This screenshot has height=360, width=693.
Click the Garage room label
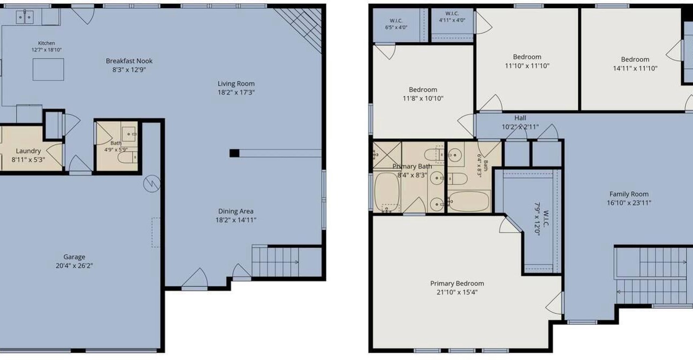coord(74,257)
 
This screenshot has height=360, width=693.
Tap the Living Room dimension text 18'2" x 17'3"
coord(236,92)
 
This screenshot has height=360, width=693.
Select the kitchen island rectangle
coord(48,69)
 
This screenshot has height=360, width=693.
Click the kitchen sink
coord(25,17)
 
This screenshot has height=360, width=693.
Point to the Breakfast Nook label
coord(129,61)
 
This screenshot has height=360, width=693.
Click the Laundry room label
coord(28,151)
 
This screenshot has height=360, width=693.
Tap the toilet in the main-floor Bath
coord(127,158)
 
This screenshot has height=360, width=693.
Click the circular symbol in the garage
coord(152,184)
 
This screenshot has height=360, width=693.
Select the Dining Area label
coord(236,211)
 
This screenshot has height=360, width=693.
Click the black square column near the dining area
coord(234,153)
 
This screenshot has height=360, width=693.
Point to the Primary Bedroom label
coord(457,283)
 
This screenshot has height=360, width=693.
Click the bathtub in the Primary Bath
coord(387,192)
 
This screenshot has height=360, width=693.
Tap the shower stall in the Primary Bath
coord(387,155)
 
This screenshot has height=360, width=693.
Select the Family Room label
coord(629,194)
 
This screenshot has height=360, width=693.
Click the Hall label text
coord(520,118)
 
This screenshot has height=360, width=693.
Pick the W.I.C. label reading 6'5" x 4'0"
coord(396,24)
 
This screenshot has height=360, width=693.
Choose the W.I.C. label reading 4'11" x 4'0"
coord(452,17)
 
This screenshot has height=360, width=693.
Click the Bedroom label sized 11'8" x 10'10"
coord(423,90)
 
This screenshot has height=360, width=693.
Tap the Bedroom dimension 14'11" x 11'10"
coord(635,68)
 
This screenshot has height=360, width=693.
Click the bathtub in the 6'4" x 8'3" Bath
coord(469,201)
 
